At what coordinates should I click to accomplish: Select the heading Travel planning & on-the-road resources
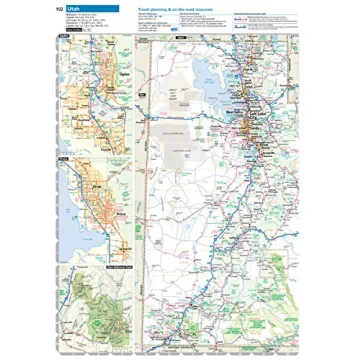[x=176, y=8]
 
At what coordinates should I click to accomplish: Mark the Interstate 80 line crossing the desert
[x=190, y=112]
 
